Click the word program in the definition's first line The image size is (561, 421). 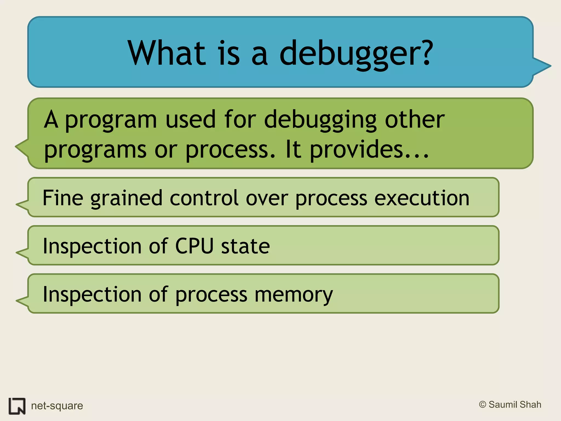111,121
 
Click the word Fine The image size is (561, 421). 63,198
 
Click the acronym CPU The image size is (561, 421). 194,246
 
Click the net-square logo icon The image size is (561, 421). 17,406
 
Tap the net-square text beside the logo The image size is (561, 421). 57,406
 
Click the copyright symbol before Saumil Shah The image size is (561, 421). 483,405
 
